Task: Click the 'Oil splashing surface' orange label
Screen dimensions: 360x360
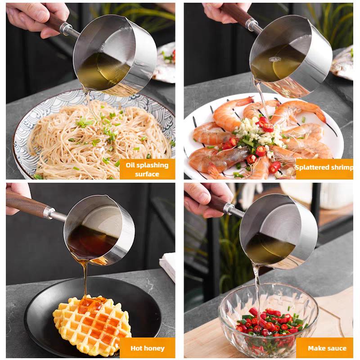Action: coord(147,169)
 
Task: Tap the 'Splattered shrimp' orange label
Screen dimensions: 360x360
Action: coord(324,169)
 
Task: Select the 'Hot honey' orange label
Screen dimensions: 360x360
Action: coord(147,348)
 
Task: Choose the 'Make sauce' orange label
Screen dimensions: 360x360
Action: coord(324,348)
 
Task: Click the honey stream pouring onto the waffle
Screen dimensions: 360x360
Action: coord(85,280)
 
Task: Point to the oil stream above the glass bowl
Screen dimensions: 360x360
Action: coord(257,287)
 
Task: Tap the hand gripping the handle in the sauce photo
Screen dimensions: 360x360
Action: coord(204,200)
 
